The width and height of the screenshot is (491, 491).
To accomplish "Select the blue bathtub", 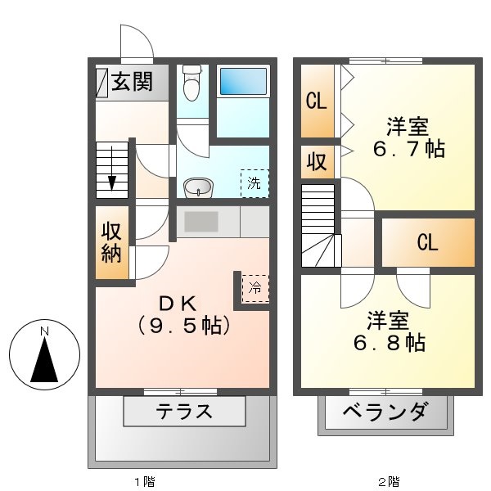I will [243, 83].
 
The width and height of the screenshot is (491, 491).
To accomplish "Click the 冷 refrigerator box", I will [255, 287].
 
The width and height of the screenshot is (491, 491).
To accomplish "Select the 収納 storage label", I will [112, 243].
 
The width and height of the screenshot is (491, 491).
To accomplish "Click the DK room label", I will [181, 304].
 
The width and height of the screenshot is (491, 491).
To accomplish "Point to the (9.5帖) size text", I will [181, 325].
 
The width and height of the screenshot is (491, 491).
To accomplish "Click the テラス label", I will [185, 411].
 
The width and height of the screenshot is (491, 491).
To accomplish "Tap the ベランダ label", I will [385, 412].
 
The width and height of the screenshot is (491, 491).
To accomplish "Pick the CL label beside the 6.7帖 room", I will [317, 101].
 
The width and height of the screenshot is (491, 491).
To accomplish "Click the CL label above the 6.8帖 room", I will [427, 243].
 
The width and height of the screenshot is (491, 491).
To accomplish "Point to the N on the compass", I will [46, 331].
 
